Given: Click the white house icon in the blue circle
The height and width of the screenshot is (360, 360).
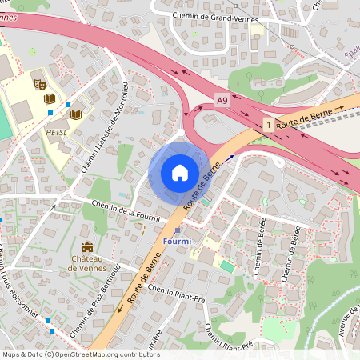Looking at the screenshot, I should (x=179, y=173).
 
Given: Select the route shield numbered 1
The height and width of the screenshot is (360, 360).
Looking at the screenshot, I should (x=267, y=125).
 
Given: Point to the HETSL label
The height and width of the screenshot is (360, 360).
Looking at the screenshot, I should (x=57, y=132).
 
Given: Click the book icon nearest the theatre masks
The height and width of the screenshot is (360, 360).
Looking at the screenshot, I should (x=50, y=98).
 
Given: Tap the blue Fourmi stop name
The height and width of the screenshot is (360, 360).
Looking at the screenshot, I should (x=176, y=242).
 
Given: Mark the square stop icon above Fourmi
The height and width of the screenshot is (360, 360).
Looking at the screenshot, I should (x=177, y=230).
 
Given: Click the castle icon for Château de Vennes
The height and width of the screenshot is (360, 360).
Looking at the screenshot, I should (x=86, y=247).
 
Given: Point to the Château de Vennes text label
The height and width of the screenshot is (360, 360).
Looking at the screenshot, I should (x=87, y=263).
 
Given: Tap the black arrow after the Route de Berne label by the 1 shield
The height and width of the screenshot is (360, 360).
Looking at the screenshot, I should (x=339, y=106).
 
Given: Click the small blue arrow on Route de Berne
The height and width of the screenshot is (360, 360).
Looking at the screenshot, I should (x=232, y=157).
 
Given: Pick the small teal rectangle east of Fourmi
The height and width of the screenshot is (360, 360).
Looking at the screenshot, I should (x=228, y=266).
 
